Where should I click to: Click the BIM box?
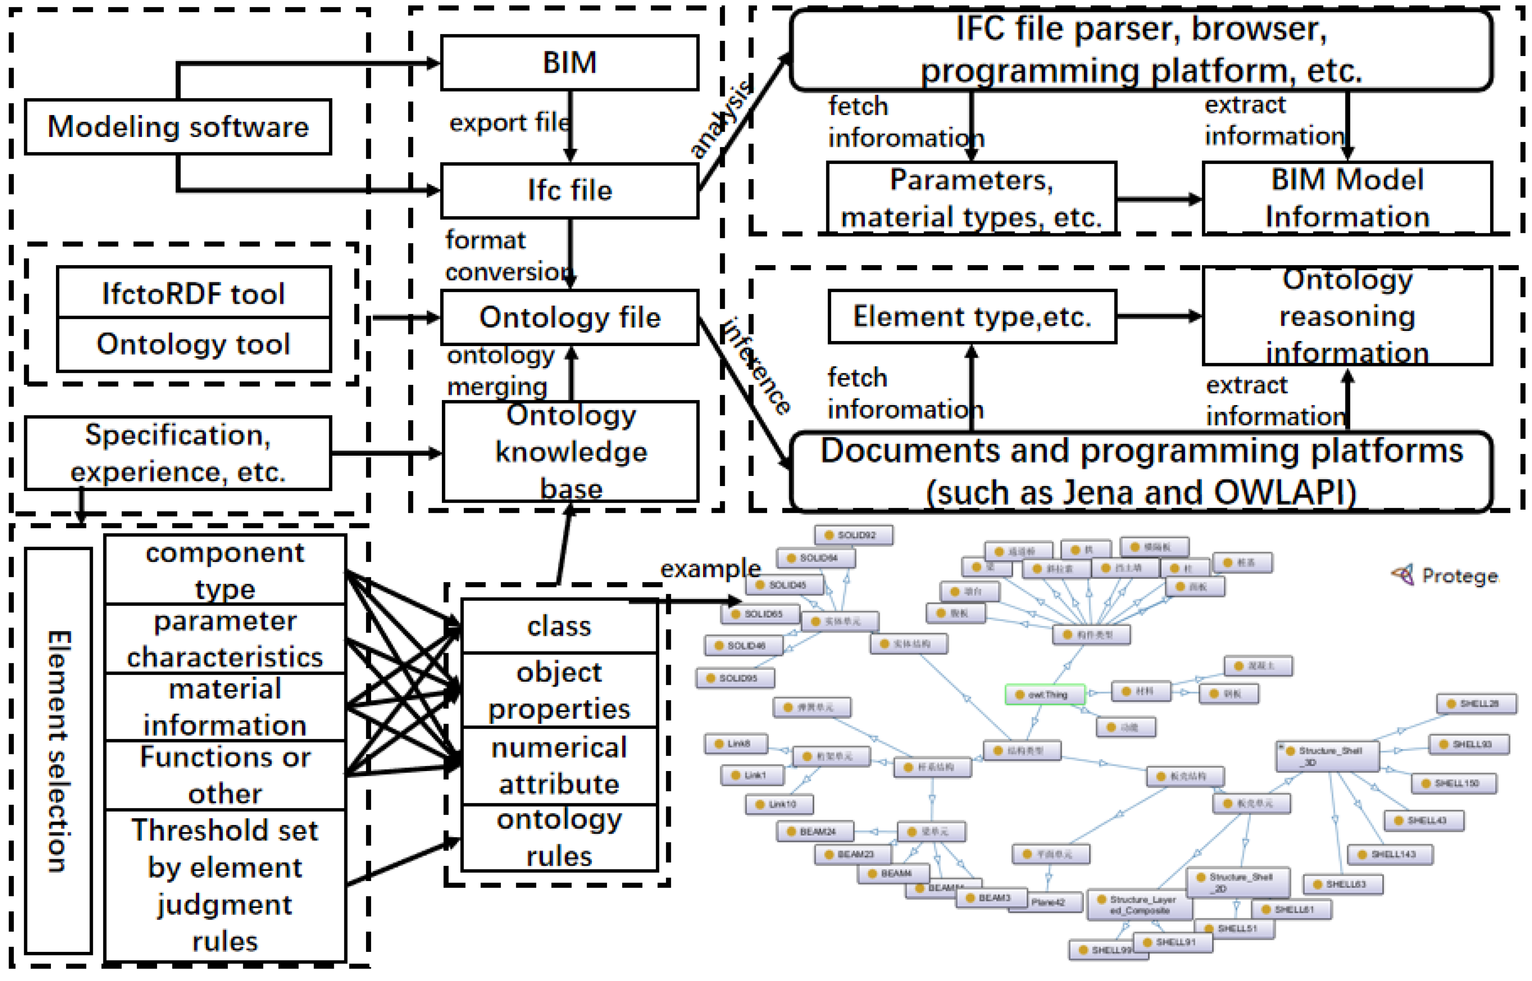pos(569,63)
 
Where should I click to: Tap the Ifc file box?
pos(569,191)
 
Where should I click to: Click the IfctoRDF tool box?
pos(194,293)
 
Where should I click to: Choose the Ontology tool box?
pos(194,344)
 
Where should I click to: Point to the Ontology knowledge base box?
pos(571,451)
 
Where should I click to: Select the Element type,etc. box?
pos(972,317)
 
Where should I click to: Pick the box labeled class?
pos(559,626)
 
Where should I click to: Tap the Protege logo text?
pos(1459,576)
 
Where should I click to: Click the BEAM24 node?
pos(815,831)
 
